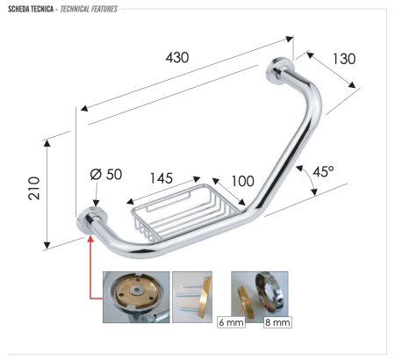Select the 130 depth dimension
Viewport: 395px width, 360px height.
(x=342, y=60)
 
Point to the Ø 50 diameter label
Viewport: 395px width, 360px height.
(x=105, y=175)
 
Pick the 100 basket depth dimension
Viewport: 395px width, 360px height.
(x=242, y=181)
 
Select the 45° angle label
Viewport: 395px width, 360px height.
(x=321, y=172)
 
